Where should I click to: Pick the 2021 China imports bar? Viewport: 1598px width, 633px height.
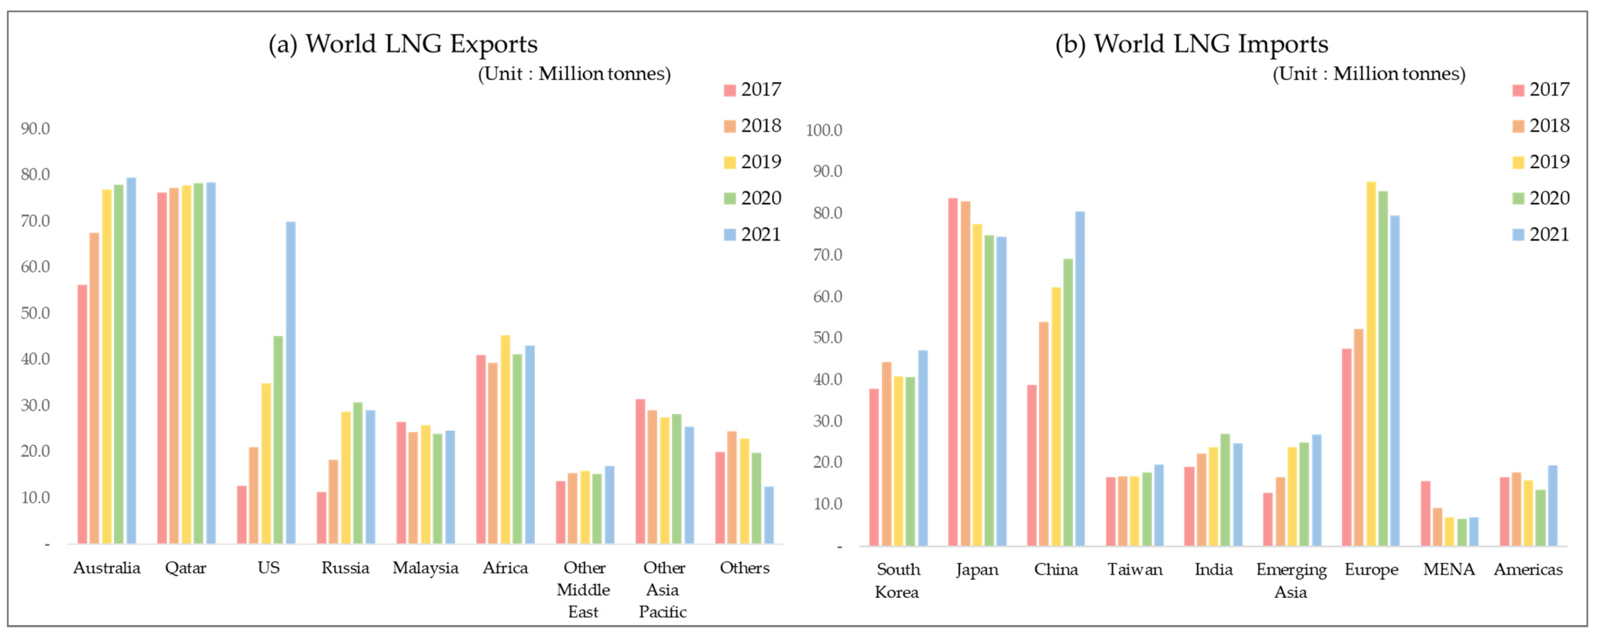tap(1080, 378)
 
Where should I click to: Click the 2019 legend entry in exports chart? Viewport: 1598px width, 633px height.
tap(752, 162)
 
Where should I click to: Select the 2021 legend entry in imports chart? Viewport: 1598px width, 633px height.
tap(1541, 234)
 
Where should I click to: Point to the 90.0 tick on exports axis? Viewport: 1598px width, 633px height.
tap(35, 128)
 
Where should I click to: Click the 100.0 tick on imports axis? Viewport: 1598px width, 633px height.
tap(824, 130)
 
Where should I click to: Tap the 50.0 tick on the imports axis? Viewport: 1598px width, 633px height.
tap(828, 337)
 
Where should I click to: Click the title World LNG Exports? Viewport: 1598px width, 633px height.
tap(403, 44)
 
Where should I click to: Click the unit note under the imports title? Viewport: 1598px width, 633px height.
tap(1369, 74)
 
